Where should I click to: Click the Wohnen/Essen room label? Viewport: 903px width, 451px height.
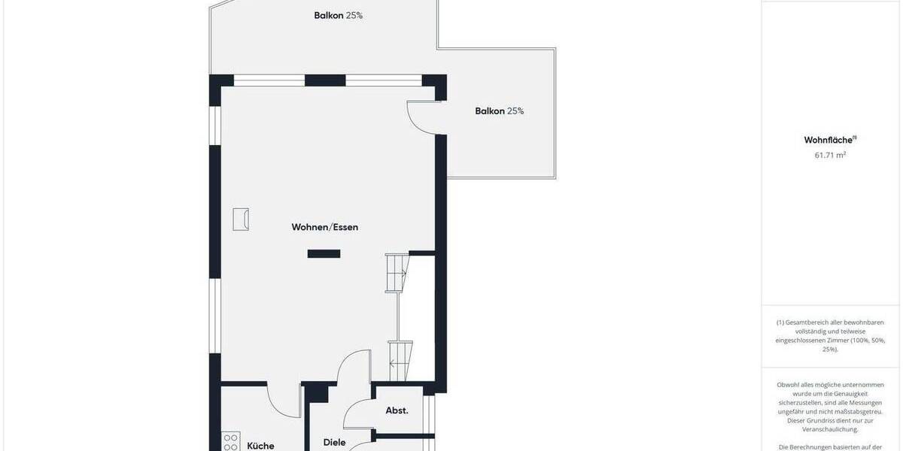coord(325,227)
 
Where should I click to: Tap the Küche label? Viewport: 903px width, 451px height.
coord(260,446)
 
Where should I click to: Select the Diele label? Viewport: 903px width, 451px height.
coord(334,443)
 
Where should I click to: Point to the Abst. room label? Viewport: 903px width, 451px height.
coord(397,410)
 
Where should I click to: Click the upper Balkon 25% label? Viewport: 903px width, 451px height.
coord(338,15)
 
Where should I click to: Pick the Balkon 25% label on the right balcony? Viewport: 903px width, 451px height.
coord(499,111)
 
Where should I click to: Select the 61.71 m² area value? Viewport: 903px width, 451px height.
coord(830,155)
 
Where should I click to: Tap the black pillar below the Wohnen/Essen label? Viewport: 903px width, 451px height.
coord(324,254)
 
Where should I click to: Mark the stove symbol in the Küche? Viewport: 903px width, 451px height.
coord(231,443)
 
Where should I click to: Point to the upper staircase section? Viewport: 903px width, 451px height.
coord(397,272)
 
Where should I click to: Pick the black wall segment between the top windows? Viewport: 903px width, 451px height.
coord(325,80)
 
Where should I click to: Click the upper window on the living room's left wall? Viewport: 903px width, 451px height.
coord(215,125)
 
